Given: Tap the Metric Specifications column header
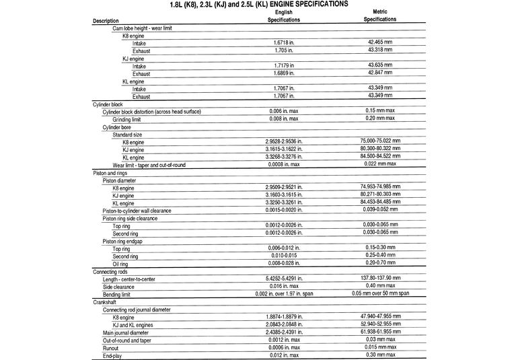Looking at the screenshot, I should [380, 16].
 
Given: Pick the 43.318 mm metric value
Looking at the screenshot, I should [380, 50].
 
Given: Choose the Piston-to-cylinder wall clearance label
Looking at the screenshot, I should [137, 211].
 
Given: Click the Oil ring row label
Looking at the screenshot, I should [120, 264].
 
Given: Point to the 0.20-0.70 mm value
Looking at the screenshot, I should [380, 264].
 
